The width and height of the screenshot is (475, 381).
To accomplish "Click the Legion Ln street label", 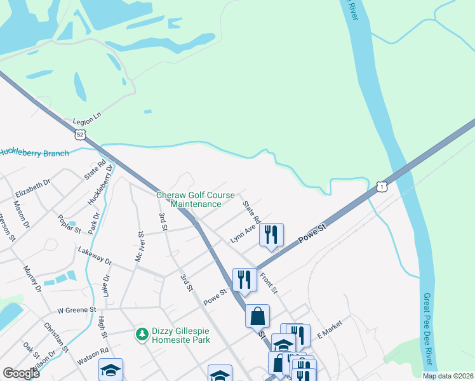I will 87,121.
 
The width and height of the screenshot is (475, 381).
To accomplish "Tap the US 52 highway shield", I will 79,134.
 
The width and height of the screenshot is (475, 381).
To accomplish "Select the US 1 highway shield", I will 381,186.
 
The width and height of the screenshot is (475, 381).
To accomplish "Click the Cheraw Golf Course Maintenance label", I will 196,199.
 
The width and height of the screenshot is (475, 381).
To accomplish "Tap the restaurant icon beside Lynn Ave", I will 271,235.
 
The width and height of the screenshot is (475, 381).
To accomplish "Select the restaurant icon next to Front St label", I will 244,279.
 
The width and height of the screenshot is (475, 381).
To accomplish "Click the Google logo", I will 21,373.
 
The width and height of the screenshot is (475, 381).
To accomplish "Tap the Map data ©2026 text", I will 448,376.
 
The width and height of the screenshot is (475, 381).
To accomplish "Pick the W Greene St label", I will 76,311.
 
